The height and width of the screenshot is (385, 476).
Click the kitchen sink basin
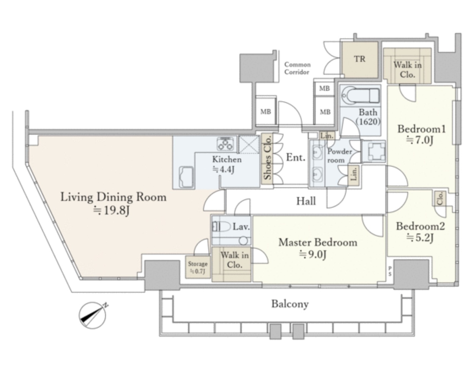click(x=186, y=177)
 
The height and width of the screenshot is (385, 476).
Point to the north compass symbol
click(x=93, y=315)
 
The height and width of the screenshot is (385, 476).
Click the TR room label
click(x=359, y=59)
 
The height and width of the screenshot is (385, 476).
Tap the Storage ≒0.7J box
click(x=198, y=267)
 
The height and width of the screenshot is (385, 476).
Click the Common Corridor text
click(x=297, y=68)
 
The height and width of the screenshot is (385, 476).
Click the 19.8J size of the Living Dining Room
click(x=111, y=211)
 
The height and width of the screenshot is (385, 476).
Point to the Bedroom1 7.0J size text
click(x=420, y=140)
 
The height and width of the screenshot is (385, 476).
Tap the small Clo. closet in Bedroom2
click(x=440, y=199)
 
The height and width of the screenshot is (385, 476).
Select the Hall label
click(x=306, y=201)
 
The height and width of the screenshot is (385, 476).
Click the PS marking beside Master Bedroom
click(x=390, y=271)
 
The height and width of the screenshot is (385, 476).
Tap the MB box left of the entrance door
click(x=266, y=112)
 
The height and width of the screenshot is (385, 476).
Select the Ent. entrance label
click(x=296, y=158)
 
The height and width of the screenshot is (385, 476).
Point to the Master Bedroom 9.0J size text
click(x=313, y=254)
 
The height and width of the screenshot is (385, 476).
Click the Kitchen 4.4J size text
click(x=224, y=170)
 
